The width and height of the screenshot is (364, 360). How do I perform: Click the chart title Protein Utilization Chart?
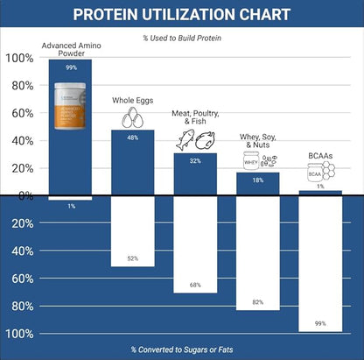click(182, 15)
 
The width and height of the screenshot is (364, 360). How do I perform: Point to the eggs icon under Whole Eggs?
click(133, 117)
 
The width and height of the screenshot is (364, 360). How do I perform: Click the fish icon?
click(185, 140)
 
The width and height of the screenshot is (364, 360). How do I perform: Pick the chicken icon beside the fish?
click(205, 140)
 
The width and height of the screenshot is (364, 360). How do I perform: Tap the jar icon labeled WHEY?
click(251, 160)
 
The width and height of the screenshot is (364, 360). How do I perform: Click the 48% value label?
click(133, 137)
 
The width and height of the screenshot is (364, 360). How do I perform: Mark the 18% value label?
click(258, 180)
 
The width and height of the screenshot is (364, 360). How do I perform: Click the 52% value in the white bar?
click(133, 258)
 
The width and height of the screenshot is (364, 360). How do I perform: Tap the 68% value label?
click(195, 285)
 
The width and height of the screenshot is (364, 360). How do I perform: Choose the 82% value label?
click(258, 302)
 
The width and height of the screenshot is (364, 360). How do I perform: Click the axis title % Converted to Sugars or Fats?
click(182, 349)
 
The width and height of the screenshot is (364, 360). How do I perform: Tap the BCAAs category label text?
click(319, 155)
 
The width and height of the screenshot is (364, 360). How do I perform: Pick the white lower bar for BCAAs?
click(320, 263)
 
